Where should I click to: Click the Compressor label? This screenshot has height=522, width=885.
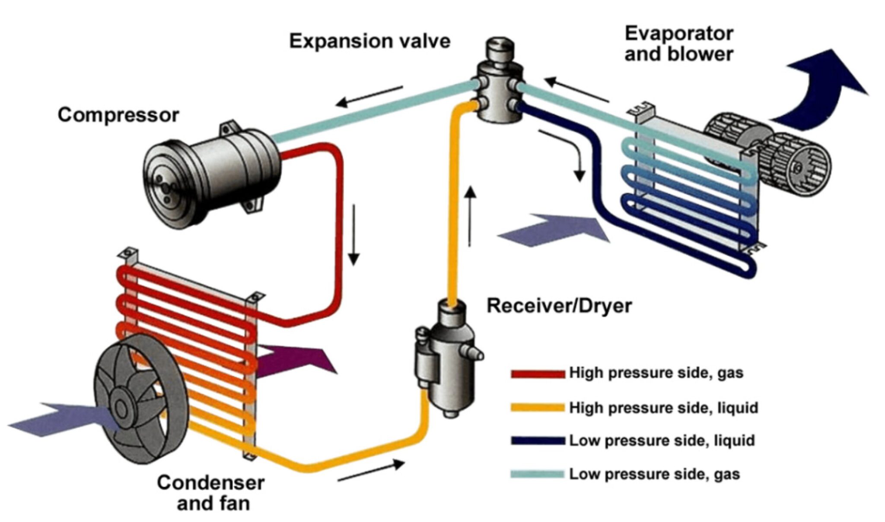pos(118,115)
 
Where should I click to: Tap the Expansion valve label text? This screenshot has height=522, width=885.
pos(369,41)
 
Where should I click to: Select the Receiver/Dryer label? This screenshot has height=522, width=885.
pos(559,306)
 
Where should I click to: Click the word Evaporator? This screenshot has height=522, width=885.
pos(678,34)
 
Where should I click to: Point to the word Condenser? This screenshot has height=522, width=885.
pos(210,483)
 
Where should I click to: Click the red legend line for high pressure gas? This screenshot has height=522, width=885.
pos(538,374)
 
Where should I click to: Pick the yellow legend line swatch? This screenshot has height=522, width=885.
pos(538,408)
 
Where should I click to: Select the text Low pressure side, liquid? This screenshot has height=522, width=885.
pos(662,441)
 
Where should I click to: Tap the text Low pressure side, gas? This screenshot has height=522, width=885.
pos(654,474)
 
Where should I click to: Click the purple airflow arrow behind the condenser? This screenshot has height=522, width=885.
pos(298,361)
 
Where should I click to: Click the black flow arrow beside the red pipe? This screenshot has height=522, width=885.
pos(354,234)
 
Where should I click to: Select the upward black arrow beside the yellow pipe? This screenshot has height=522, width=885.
pos(471,216)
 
